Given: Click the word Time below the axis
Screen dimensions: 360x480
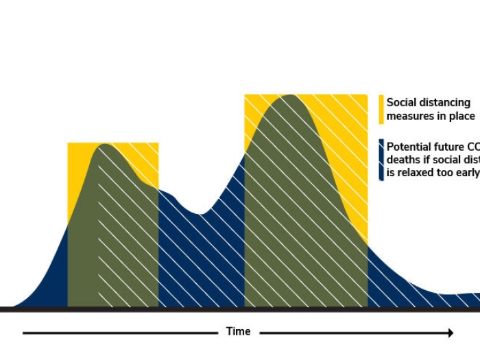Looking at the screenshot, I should click(238, 332).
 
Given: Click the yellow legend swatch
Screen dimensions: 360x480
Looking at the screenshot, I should click(381, 109).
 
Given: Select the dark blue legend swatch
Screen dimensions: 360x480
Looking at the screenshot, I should click(381, 159).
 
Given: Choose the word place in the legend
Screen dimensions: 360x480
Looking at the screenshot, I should click(461, 117).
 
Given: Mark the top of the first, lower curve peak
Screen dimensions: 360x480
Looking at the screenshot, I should click(104, 145).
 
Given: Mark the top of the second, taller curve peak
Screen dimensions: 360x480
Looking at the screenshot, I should click(291, 95).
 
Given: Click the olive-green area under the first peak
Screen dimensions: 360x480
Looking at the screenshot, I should click(110, 226).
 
